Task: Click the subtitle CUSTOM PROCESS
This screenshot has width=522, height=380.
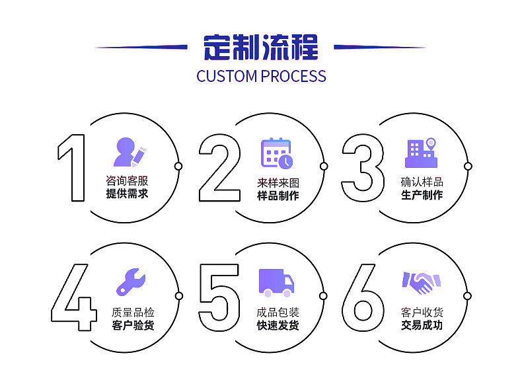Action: coord(261,76)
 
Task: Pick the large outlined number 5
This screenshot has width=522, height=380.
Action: coord(219,297)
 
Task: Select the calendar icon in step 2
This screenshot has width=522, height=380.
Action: coord(276,153)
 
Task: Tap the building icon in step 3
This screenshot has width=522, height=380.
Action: coord(421,153)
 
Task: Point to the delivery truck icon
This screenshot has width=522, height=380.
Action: coord(276,282)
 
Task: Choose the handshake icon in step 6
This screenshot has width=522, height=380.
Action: coord(421,282)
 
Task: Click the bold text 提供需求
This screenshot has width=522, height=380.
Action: coord(127,194)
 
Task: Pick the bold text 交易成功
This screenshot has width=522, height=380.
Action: coord(422,325)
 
